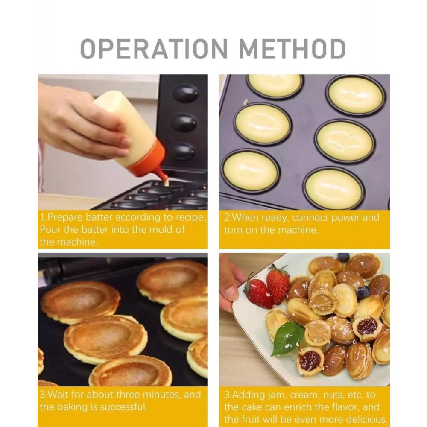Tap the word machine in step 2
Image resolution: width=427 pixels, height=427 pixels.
pyautogui.click(x=298, y=230)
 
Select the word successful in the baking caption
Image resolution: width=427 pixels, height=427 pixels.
pyautogui.click(x=123, y=407)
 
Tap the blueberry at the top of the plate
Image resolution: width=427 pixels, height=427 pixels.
pyautogui.click(x=343, y=257)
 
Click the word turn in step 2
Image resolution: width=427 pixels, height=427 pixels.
pyautogui.click(x=234, y=231)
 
